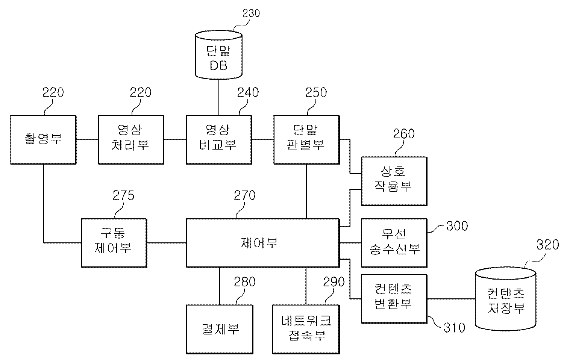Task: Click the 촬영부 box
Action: click(43, 139)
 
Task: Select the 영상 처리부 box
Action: click(131, 139)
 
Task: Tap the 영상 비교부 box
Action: click(218, 139)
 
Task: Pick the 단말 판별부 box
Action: click(306, 139)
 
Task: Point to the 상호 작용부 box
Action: click(394, 181)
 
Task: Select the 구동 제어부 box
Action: click(114, 243)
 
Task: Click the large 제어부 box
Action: click(263, 243)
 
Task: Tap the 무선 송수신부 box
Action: click(394, 243)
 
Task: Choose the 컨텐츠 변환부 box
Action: click(394, 298)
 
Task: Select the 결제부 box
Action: click(219, 329)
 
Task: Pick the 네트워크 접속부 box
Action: click(306, 329)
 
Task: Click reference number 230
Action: click(251, 14)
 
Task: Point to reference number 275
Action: click(123, 195)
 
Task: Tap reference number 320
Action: click(547, 245)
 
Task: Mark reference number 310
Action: click(454, 327)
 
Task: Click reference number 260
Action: click(404, 134)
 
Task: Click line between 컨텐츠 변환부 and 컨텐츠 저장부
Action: click(451, 299)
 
